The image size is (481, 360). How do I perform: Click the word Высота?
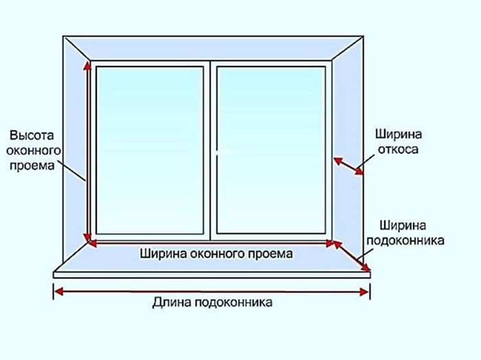32,135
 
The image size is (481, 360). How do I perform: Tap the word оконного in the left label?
34,150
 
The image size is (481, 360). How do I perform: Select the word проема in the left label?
32,166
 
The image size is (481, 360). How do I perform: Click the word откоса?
398,150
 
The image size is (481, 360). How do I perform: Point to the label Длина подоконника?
212,302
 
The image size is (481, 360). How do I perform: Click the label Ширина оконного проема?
216,254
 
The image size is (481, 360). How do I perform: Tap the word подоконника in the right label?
405,240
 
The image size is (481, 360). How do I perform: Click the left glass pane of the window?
150,150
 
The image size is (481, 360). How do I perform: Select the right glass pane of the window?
271,150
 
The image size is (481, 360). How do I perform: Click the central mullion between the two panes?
210,150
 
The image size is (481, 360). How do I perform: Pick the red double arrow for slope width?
348,166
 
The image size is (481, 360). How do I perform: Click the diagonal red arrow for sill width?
352,256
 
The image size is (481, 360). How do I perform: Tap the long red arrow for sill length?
212,291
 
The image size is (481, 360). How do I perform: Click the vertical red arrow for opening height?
87,151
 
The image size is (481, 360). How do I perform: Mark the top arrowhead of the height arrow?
87,65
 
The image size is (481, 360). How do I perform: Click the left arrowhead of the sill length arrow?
59,291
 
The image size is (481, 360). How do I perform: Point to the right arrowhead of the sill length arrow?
364,292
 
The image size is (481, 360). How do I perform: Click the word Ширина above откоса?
399,135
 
